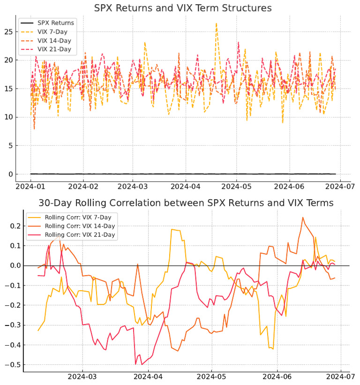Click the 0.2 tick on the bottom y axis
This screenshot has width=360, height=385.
pyautogui.click(x=13, y=226)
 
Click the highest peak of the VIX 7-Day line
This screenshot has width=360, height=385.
pyautogui.click(x=216, y=23)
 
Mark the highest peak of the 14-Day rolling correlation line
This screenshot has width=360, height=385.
pyautogui.click(x=303, y=218)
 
